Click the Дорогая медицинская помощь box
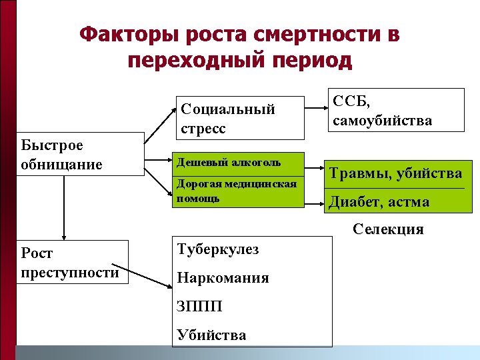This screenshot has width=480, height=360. (x=238, y=192)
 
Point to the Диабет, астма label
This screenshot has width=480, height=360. (x=378, y=201)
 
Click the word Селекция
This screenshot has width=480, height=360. (x=389, y=229)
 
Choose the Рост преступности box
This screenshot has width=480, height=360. (x=72, y=262)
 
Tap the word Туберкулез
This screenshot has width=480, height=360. (x=218, y=249)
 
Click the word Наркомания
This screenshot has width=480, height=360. (x=223, y=278)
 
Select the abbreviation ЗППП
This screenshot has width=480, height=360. (x=199, y=307)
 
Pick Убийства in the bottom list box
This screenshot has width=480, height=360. (x=211, y=335)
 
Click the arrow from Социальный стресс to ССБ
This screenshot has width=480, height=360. (x=311, y=111)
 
